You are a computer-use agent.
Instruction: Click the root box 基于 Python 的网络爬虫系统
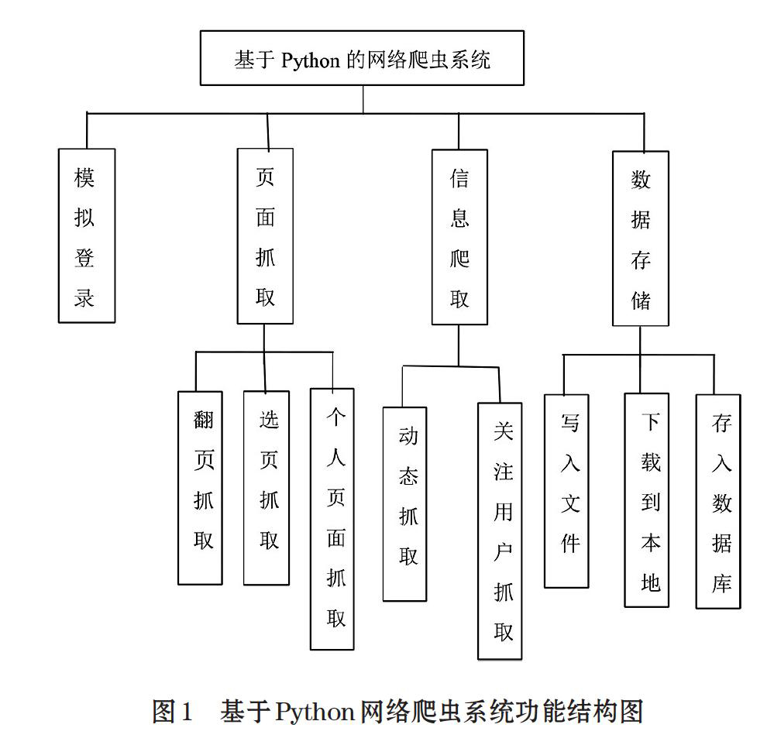tap(362, 58)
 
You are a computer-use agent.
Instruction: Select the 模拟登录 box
tap(87, 236)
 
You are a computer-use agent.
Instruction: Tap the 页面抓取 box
tap(265, 236)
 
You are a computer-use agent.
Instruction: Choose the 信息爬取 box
tap(459, 237)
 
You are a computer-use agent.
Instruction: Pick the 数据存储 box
tap(641, 239)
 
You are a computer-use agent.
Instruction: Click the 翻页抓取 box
tap(200, 488)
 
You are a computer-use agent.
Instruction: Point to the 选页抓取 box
tap(267, 488)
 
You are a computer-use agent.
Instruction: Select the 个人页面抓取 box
tap(332, 519)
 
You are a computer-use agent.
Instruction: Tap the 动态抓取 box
tap(404, 503)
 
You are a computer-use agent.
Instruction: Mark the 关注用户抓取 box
tap(500, 531)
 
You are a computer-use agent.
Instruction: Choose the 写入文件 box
tap(566, 491)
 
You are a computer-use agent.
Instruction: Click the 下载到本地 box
tap(647, 500)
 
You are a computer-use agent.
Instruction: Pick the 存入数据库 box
tap(718, 501)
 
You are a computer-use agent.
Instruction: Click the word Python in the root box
tap(311, 60)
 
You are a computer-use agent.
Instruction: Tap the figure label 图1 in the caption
tap(171, 712)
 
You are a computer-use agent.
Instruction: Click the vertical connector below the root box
tap(363, 100)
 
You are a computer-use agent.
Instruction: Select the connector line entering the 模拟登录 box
tap(87, 131)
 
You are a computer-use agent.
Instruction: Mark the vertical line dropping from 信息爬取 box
tap(459, 345)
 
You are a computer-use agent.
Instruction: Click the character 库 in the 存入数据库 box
tap(721, 584)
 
